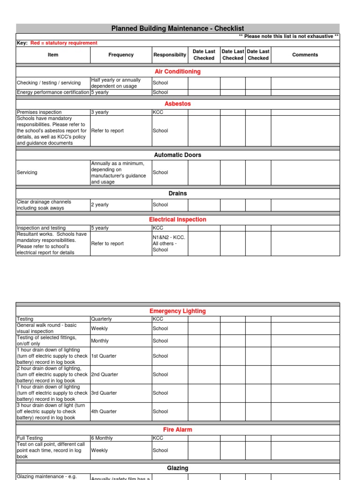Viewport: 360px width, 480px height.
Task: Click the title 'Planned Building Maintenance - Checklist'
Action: (178, 29)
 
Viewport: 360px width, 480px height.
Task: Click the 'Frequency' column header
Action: (121, 55)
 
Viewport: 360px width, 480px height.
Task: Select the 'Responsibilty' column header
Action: (169, 55)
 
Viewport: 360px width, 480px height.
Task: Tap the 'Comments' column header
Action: (305, 55)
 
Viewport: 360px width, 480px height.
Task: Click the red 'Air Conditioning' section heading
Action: (178, 72)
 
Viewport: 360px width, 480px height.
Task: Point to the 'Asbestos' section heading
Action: (178, 104)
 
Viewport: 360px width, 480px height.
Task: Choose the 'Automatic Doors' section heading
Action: (178, 155)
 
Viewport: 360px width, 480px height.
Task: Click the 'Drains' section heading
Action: (178, 193)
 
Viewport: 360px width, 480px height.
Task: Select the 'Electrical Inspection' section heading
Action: (178, 219)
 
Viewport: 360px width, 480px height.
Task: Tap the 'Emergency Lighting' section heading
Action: (178, 311)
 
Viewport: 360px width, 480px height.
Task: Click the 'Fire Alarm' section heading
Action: (178, 429)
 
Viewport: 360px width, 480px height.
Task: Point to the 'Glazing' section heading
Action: (178, 468)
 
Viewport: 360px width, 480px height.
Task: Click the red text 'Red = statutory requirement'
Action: (64, 43)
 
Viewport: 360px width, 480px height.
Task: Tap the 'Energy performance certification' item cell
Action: (52, 92)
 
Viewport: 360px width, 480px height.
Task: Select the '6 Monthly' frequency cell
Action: (102, 438)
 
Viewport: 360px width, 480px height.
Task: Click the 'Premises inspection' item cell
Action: (39, 112)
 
